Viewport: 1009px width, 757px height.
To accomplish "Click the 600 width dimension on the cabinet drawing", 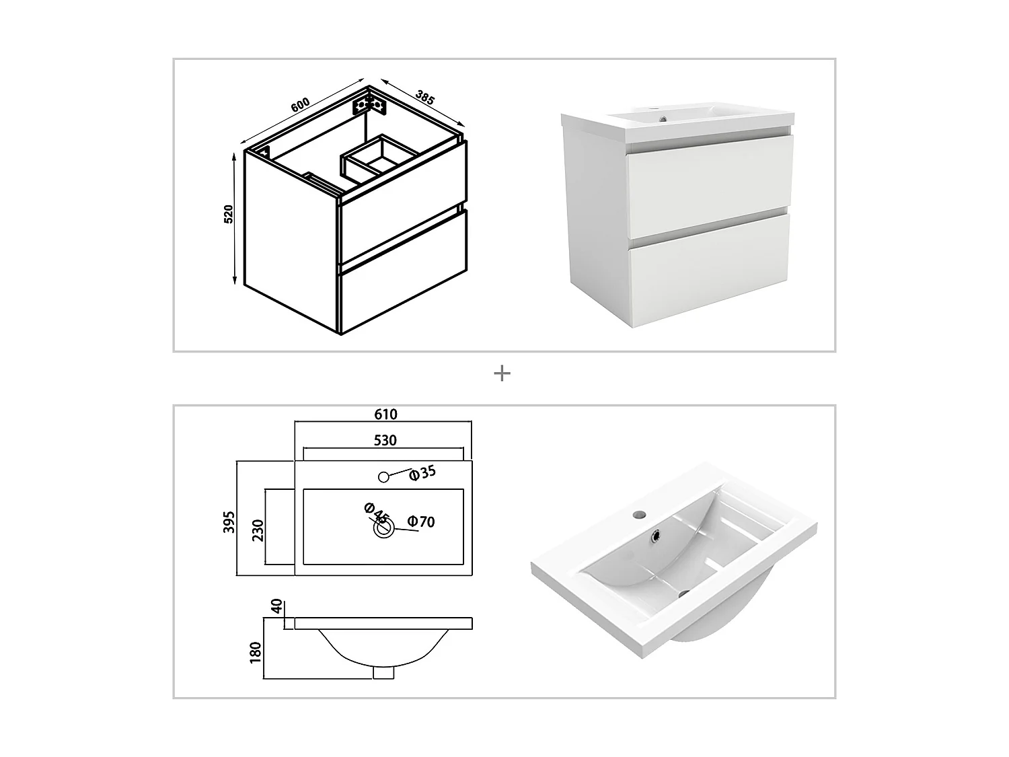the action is (300, 105).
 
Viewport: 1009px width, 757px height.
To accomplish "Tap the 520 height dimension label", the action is (229, 214).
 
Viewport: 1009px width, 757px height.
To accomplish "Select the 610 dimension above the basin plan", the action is (385, 414).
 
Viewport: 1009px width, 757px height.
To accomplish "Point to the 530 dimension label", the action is (385, 440).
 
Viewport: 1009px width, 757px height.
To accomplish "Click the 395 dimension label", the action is (229, 522).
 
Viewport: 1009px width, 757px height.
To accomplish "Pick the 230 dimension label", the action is (258, 530).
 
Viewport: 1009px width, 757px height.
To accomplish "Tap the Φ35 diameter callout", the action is (422, 472).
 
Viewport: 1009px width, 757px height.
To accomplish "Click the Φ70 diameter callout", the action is (421, 521).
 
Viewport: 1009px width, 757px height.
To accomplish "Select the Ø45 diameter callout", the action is (376, 513).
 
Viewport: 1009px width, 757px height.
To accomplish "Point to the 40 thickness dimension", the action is (276, 606).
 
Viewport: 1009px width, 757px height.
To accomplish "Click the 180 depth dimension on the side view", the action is (256, 653).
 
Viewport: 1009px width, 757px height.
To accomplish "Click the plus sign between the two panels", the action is (502, 373).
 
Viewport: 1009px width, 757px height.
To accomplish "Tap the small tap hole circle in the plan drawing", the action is (383, 477).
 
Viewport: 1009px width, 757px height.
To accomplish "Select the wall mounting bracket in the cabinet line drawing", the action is (369, 105).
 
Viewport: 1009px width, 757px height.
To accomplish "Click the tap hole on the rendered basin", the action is (638, 514).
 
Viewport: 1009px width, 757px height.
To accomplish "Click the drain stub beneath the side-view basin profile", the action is (383, 672).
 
